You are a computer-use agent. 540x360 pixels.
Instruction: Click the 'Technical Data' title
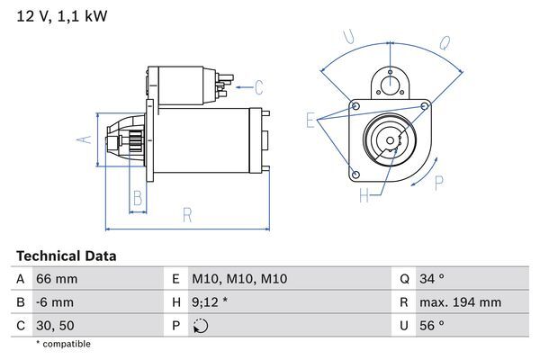point(66,256)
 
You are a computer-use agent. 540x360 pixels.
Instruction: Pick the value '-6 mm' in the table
point(54,303)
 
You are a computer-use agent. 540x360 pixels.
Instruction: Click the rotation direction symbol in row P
point(201,327)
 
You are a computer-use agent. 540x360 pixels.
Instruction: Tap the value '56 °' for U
point(432,326)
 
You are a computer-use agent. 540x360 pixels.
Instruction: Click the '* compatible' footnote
point(63,344)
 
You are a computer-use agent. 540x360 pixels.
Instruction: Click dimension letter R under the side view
point(187,215)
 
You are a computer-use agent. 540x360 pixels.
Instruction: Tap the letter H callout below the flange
point(364,194)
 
